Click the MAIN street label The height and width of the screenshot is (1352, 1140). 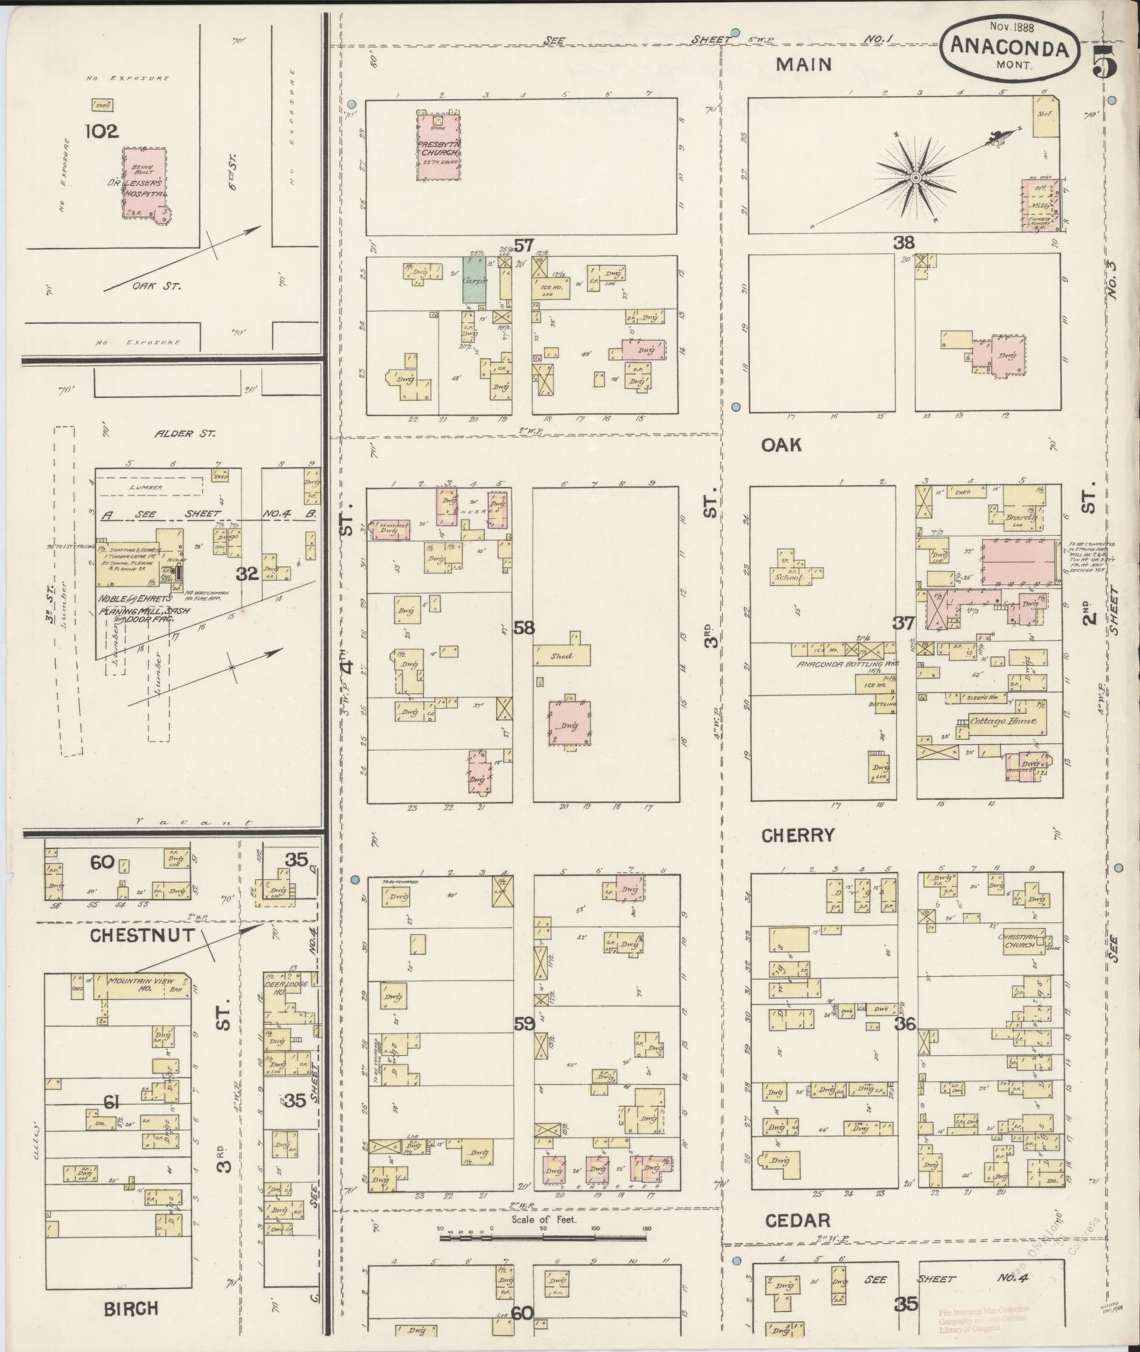(804, 64)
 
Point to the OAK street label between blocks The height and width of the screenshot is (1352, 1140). (781, 445)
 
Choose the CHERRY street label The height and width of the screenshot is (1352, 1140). (798, 835)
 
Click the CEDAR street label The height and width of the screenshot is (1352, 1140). (798, 1221)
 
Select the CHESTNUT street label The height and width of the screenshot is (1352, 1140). (142, 935)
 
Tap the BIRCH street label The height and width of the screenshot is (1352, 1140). (131, 1309)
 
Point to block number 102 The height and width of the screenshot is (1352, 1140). (102, 131)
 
